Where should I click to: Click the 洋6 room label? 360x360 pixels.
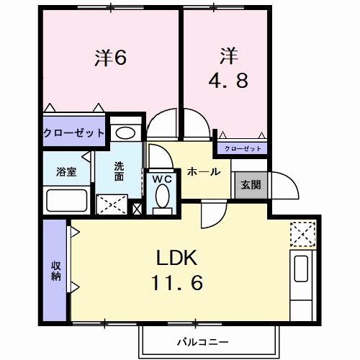tap(110, 58)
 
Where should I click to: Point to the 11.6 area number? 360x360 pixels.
tap(176, 283)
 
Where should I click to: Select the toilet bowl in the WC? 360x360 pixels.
tap(162, 197)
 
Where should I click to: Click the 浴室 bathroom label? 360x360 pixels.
tap(66, 171)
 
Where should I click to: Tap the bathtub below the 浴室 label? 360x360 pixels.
tap(66, 199)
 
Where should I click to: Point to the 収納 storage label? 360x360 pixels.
tap(55, 271)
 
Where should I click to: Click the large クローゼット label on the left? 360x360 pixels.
tap(74, 133)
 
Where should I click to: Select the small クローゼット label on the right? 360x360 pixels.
tap(242, 148)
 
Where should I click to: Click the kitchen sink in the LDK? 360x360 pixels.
tap(300, 271)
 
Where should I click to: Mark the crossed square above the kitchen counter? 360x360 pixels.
tap(300, 233)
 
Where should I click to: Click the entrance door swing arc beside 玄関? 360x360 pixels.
tap(285, 187)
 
